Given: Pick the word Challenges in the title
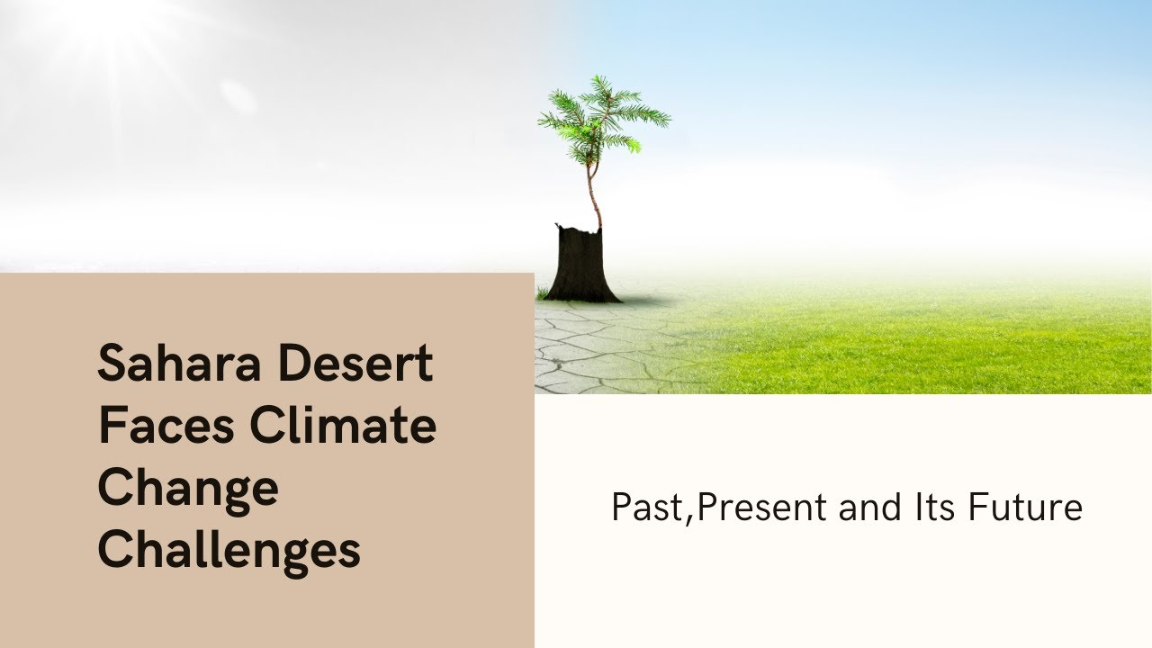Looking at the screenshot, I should click(229, 549).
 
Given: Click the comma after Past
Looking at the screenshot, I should click(691, 519).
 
